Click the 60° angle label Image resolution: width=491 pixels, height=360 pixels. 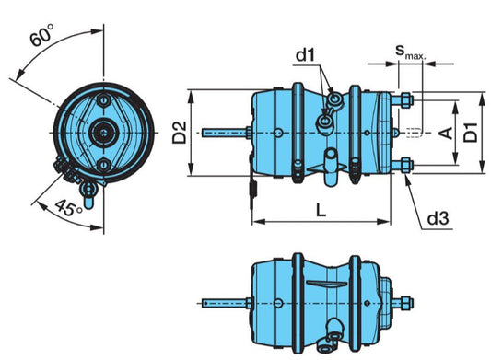pos(42,34)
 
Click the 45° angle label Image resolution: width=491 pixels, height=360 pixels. pos(69,208)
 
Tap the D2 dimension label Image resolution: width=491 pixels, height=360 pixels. pos(180,133)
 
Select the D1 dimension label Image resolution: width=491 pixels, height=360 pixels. pos(471,133)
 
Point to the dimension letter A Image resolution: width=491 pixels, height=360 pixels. pos(446,133)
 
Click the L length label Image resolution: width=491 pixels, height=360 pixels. pos(321,210)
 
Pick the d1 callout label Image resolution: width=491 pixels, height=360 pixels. pos(305,55)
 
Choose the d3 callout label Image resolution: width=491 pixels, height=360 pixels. pos(438,218)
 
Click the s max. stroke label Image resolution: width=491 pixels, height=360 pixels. pos(411,52)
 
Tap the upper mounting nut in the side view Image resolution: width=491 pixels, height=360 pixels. pos(407,100)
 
